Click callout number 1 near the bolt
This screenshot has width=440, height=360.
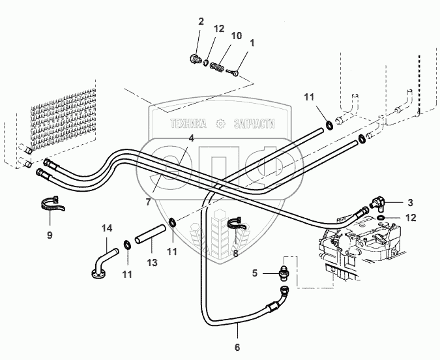[x=252, y=43]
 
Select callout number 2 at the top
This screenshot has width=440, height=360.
[x=201, y=22]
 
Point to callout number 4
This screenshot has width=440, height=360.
[x=191, y=138]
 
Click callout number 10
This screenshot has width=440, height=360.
[x=235, y=35]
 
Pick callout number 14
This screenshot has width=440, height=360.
[x=108, y=228]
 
